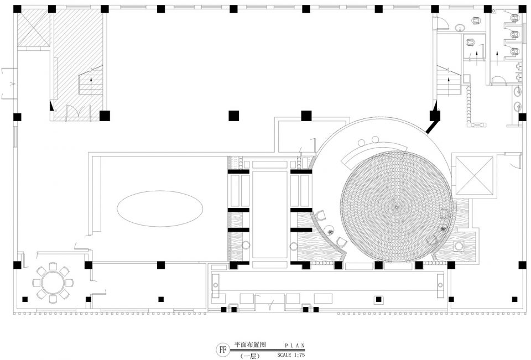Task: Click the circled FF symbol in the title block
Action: click(222, 349)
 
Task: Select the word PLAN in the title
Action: click(295, 346)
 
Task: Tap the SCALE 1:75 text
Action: click(291, 355)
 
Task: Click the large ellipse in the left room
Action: click(160, 208)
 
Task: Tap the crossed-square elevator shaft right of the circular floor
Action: click(474, 176)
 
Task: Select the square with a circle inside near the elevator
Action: click(459, 246)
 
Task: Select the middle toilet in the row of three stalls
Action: click(514, 34)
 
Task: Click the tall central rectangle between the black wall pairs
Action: click(269, 215)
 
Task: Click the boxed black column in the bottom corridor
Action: click(378, 299)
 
